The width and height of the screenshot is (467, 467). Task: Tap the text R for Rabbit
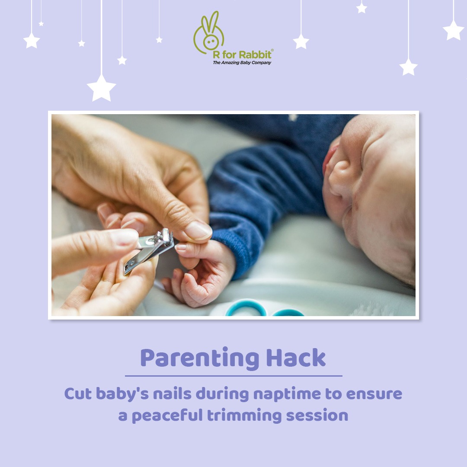[x=242, y=55]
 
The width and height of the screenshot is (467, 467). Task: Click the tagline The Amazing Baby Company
[x=242, y=63]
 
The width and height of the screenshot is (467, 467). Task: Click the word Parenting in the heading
[x=198, y=358]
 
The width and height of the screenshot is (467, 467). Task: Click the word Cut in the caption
[x=77, y=394]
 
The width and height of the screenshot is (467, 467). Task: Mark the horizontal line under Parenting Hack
[x=233, y=376]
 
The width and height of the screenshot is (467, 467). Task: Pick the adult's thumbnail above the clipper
[x=198, y=230]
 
